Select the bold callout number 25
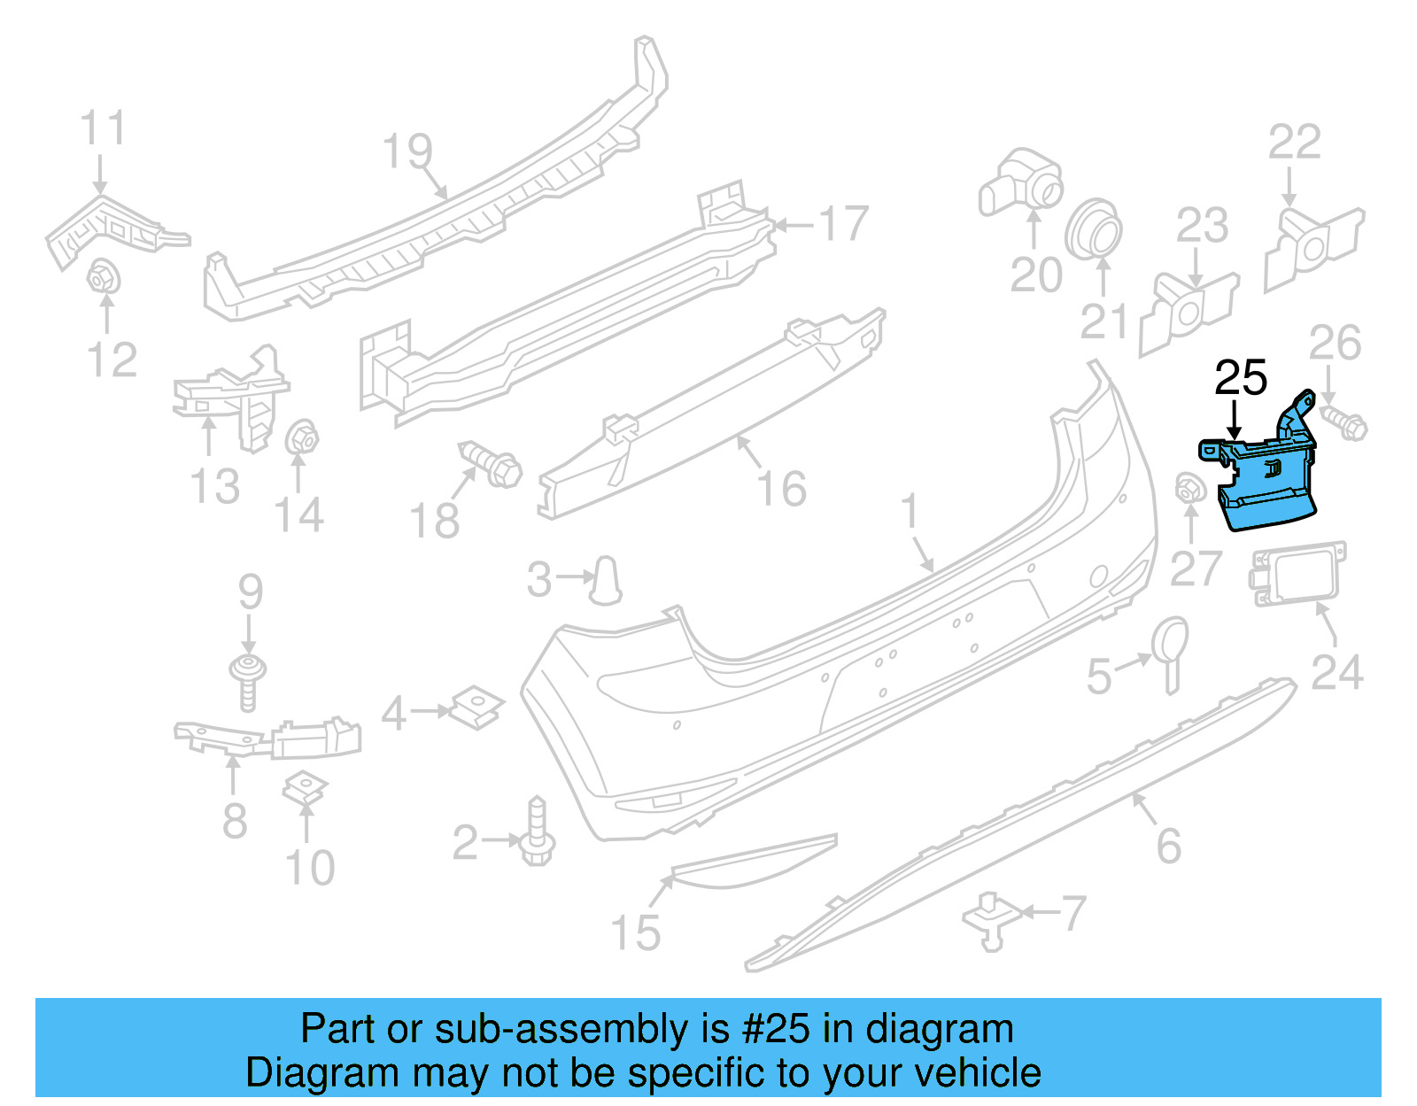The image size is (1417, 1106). [1241, 378]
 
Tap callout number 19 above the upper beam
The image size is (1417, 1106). [407, 151]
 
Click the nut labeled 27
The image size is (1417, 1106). [1189, 489]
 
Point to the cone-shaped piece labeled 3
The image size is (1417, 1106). [607, 580]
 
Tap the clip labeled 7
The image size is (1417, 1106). [991, 921]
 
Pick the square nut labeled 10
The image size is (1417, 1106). [306, 788]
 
